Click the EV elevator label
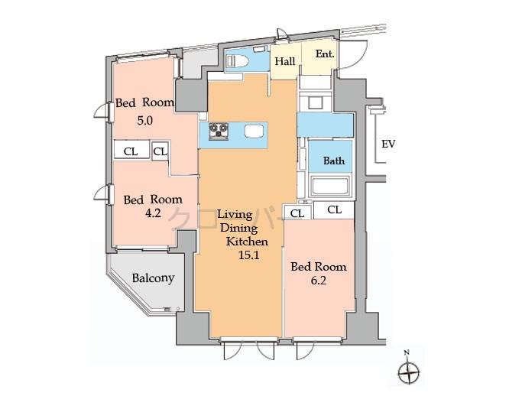[388, 144]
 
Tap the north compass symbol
[410, 372]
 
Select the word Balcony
[153, 278]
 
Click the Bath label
[333, 161]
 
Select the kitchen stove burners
[219, 131]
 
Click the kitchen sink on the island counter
[254, 131]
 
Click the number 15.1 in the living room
[248, 256]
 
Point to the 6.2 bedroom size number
[318, 281]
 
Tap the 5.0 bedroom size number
[145, 120]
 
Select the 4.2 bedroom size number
[153, 213]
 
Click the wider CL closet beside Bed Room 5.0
[131, 151]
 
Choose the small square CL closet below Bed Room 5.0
[160, 151]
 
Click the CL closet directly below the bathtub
[334, 209]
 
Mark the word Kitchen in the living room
[245, 242]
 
